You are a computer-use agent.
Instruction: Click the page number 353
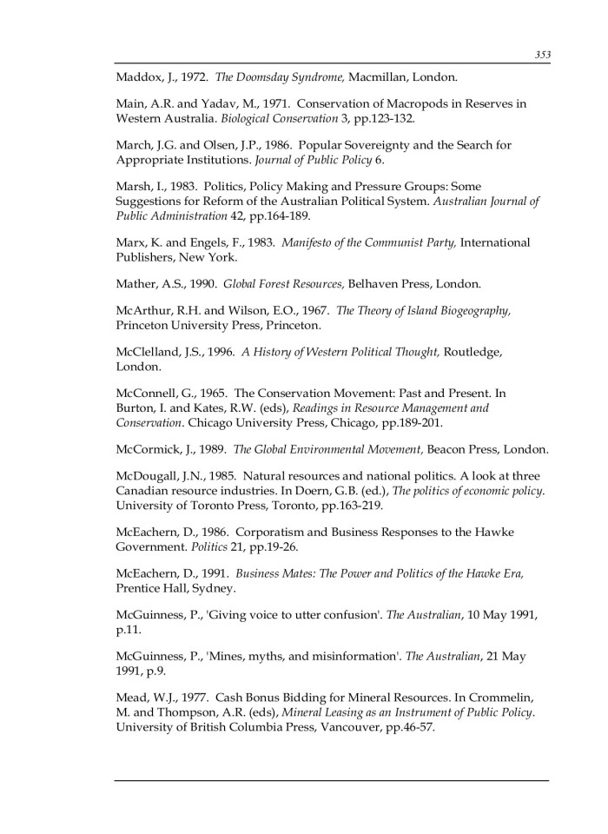coord(543,55)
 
